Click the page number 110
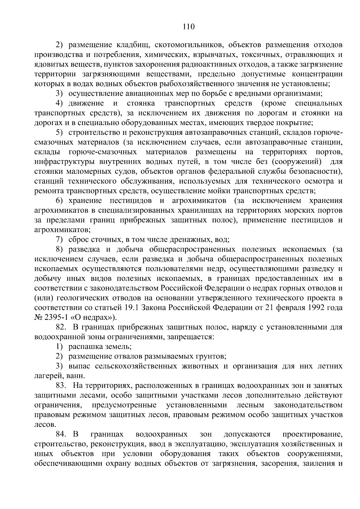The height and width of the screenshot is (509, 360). pyautogui.click(x=189, y=27)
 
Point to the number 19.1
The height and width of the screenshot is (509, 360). pyautogui.click(x=130, y=308)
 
